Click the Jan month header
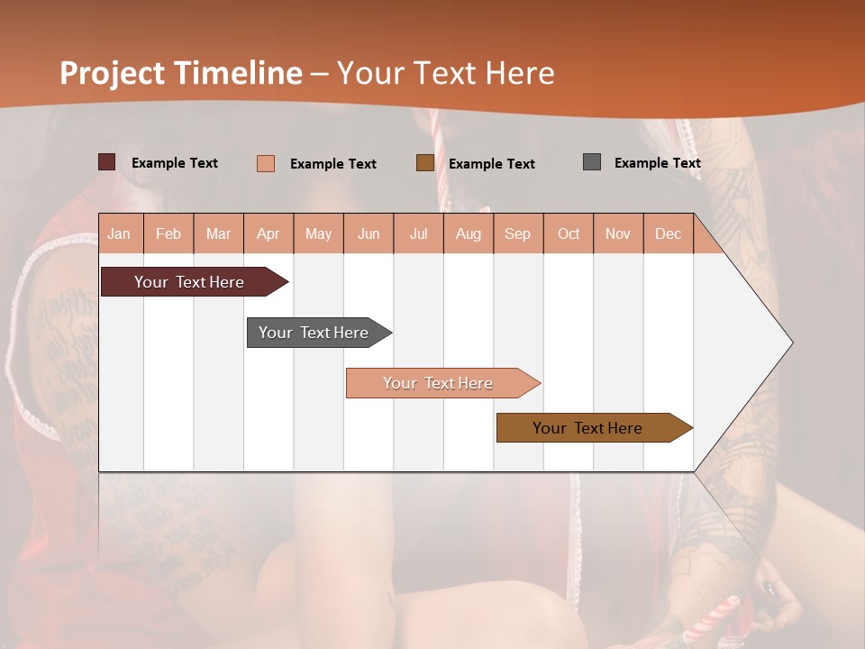point(120,233)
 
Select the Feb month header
point(168,233)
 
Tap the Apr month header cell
point(269,233)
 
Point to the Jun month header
point(369,233)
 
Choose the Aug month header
point(469,233)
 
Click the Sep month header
point(518,233)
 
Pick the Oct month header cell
point(569,233)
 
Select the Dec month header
point(669,233)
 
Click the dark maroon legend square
point(106,162)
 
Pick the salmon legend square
point(265,163)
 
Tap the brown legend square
point(424,163)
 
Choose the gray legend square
point(591,162)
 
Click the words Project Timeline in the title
point(180,73)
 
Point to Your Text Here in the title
point(446,73)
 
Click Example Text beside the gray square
point(657,163)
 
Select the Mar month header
point(218,233)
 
